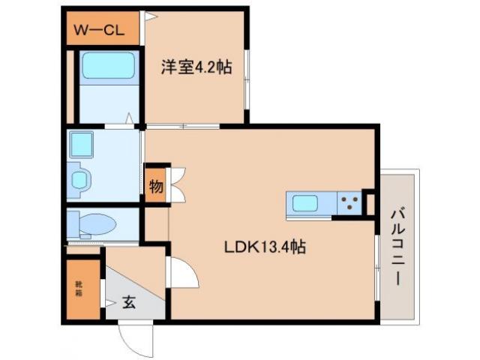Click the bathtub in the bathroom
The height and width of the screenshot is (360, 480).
108,66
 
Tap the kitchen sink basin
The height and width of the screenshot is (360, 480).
307,203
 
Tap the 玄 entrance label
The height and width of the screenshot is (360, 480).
129,302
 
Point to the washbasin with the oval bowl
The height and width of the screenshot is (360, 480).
79,178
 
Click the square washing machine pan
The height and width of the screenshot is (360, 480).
80,144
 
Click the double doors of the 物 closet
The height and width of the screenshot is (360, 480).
177,184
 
